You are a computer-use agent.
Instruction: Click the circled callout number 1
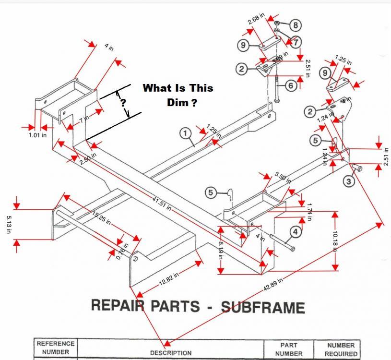click(x=185, y=133)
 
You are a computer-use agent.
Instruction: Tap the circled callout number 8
click(x=295, y=25)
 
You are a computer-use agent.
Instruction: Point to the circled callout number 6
click(x=291, y=85)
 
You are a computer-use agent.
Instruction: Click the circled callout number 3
click(x=349, y=181)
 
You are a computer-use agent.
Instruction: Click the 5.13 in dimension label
click(x=9, y=224)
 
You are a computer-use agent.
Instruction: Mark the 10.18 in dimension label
click(x=335, y=240)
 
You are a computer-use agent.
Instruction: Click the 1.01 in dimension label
click(x=37, y=135)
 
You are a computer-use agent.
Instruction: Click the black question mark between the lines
click(x=123, y=102)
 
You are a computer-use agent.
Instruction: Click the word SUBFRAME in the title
click(x=262, y=307)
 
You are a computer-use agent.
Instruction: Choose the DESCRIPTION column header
click(x=170, y=353)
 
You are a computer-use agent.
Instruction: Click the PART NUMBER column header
click(x=289, y=349)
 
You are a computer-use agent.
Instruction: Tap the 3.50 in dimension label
click(x=283, y=177)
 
